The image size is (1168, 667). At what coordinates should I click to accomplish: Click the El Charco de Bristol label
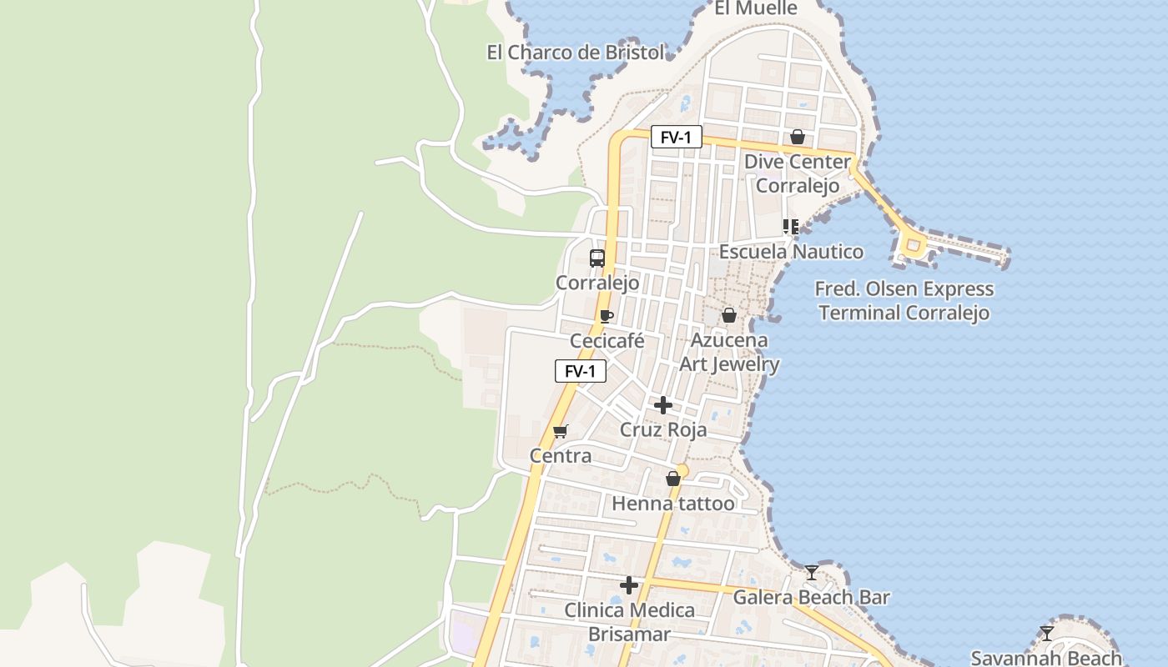click(576, 53)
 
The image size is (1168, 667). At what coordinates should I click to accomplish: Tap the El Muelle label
click(756, 8)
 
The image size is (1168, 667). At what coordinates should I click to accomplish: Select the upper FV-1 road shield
click(676, 138)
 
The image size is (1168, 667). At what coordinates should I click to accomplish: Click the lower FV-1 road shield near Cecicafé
click(581, 371)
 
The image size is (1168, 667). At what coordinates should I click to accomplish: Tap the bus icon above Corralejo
click(597, 258)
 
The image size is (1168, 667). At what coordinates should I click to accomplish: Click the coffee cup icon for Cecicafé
click(607, 316)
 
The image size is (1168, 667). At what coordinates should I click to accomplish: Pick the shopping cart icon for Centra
click(561, 431)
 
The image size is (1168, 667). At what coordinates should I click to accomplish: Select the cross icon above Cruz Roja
click(663, 406)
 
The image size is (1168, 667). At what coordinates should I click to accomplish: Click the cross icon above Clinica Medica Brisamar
click(629, 585)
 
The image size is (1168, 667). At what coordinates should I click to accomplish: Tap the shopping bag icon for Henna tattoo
click(673, 479)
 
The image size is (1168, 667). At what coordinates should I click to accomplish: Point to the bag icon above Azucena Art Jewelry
click(729, 315)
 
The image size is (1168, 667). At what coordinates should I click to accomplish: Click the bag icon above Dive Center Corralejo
click(798, 137)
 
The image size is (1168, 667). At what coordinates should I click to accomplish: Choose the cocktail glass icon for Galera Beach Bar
click(812, 573)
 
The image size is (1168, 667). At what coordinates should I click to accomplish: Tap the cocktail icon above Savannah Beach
click(1047, 634)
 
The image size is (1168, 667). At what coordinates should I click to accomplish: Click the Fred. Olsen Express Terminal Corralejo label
click(904, 301)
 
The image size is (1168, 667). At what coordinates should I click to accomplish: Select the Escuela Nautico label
click(791, 252)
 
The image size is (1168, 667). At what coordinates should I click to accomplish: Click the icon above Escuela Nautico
click(791, 227)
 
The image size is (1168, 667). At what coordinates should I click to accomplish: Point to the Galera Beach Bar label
click(811, 597)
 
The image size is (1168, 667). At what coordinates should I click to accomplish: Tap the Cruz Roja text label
click(663, 429)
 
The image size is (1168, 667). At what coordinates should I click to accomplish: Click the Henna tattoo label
click(673, 504)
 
